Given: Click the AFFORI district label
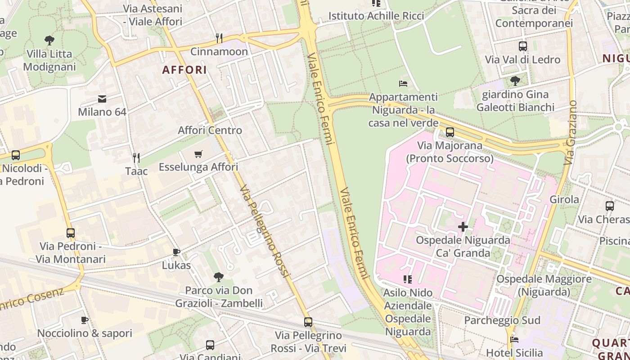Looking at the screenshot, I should (184, 70).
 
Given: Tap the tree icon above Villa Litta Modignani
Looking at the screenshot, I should (49, 40).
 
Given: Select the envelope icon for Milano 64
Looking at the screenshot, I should (102, 99).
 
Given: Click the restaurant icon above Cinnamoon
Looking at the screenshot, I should (219, 37).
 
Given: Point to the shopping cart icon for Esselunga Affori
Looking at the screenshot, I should (198, 154).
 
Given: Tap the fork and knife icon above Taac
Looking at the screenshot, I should (136, 157).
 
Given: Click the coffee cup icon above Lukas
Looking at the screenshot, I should (176, 252).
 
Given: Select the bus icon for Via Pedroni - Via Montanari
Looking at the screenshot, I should (71, 233).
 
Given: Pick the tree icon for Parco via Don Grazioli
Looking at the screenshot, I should (219, 277).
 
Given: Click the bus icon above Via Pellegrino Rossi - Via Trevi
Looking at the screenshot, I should (308, 322).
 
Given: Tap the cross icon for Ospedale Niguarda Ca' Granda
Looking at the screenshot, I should (463, 226).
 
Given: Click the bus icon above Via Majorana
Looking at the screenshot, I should (450, 132).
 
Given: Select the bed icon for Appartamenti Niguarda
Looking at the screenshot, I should (403, 84).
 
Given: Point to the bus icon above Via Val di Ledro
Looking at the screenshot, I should (523, 46).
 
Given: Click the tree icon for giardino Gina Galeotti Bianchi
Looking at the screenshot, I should (515, 81).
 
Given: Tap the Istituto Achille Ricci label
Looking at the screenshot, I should (376, 16).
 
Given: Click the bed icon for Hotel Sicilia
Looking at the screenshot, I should (514, 340).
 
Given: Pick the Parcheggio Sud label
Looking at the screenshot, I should (502, 320).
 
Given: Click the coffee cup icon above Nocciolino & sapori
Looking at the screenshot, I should (85, 320).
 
